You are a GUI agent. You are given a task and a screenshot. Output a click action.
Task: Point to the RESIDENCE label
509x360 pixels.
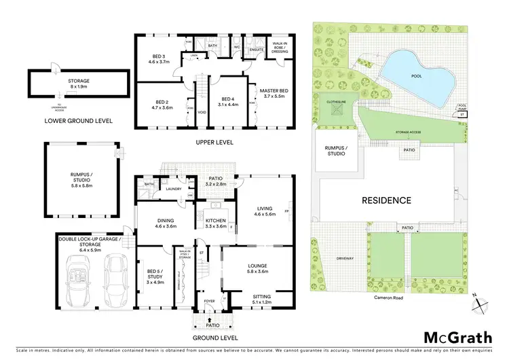(x=385, y=200)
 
